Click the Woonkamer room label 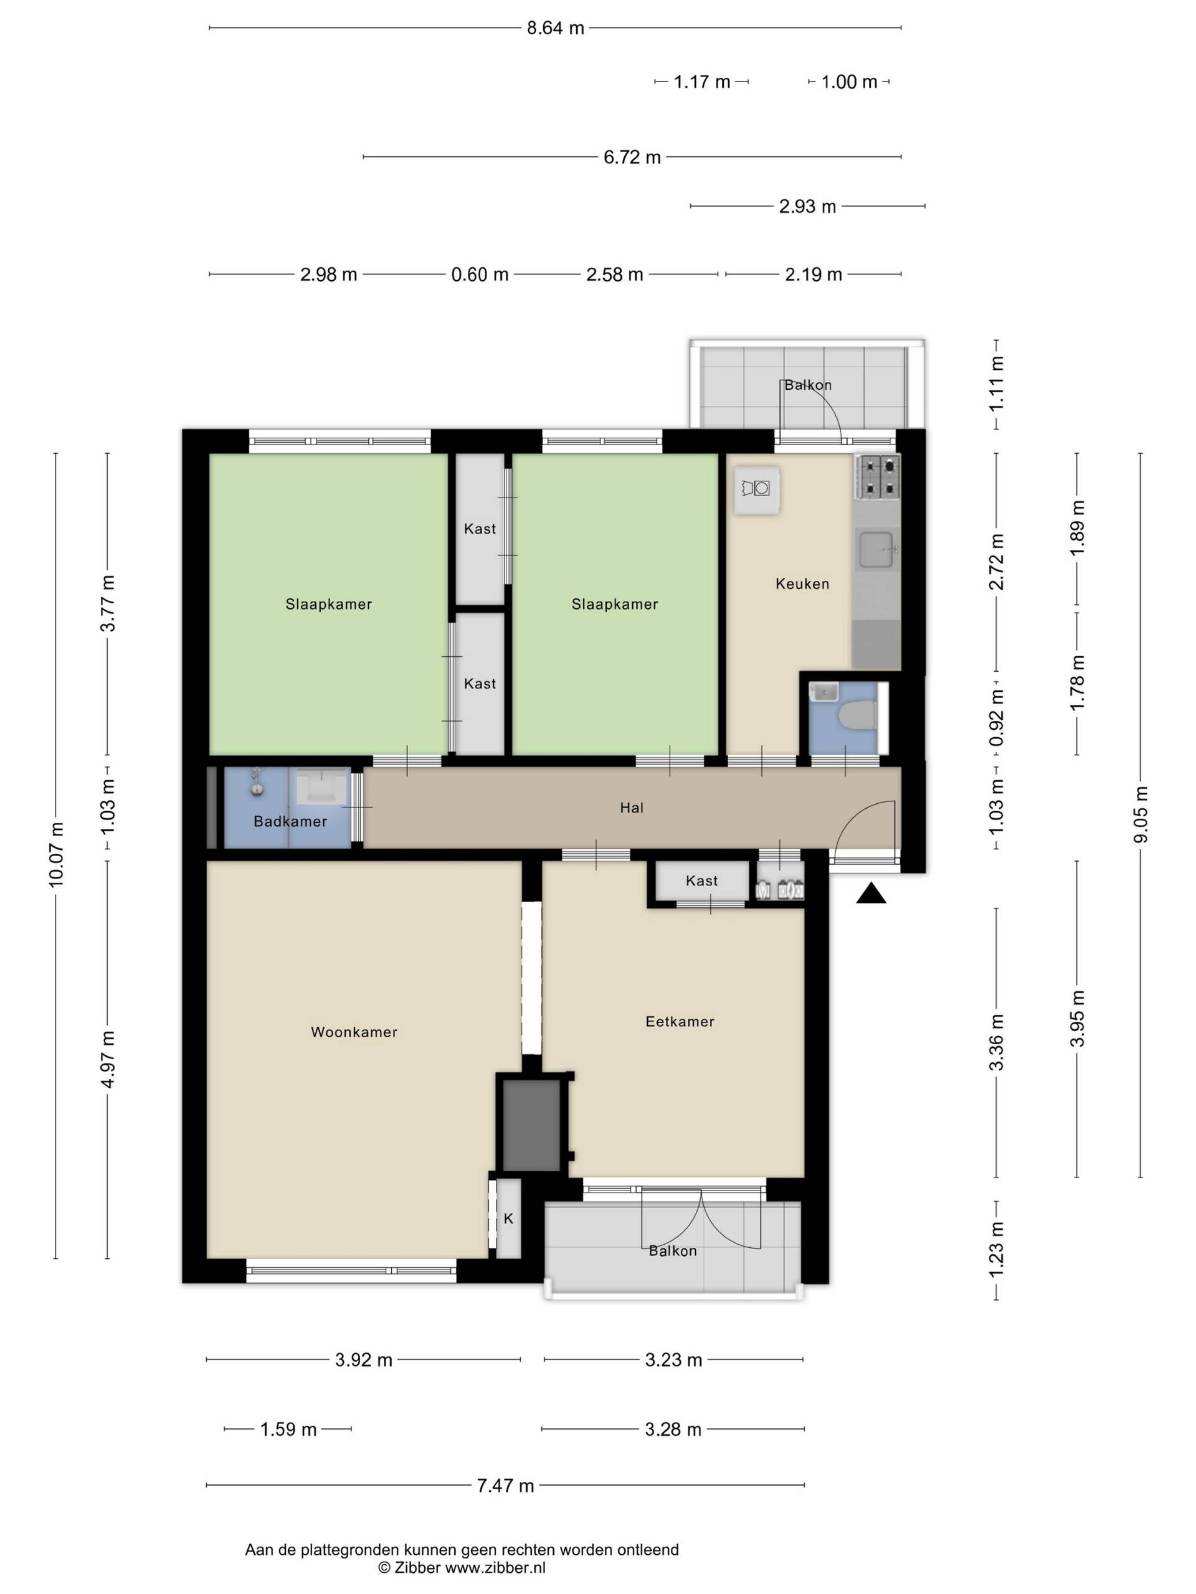(x=354, y=1032)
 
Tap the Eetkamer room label (x=680, y=1021)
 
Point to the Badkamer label (x=290, y=821)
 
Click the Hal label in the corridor (x=632, y=808)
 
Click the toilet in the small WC (x=860, y=716)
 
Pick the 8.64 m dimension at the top (x=555, y=28)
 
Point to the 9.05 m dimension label (x=1141, y=814)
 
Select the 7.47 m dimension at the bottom (x=505, y=1485)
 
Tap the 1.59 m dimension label (x=288, y=1429)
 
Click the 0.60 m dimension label (x=480, y=275)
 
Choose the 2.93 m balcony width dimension (x=807, y=206)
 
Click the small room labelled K (x=508, y=1219)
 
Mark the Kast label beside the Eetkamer (x=701, y=880)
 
